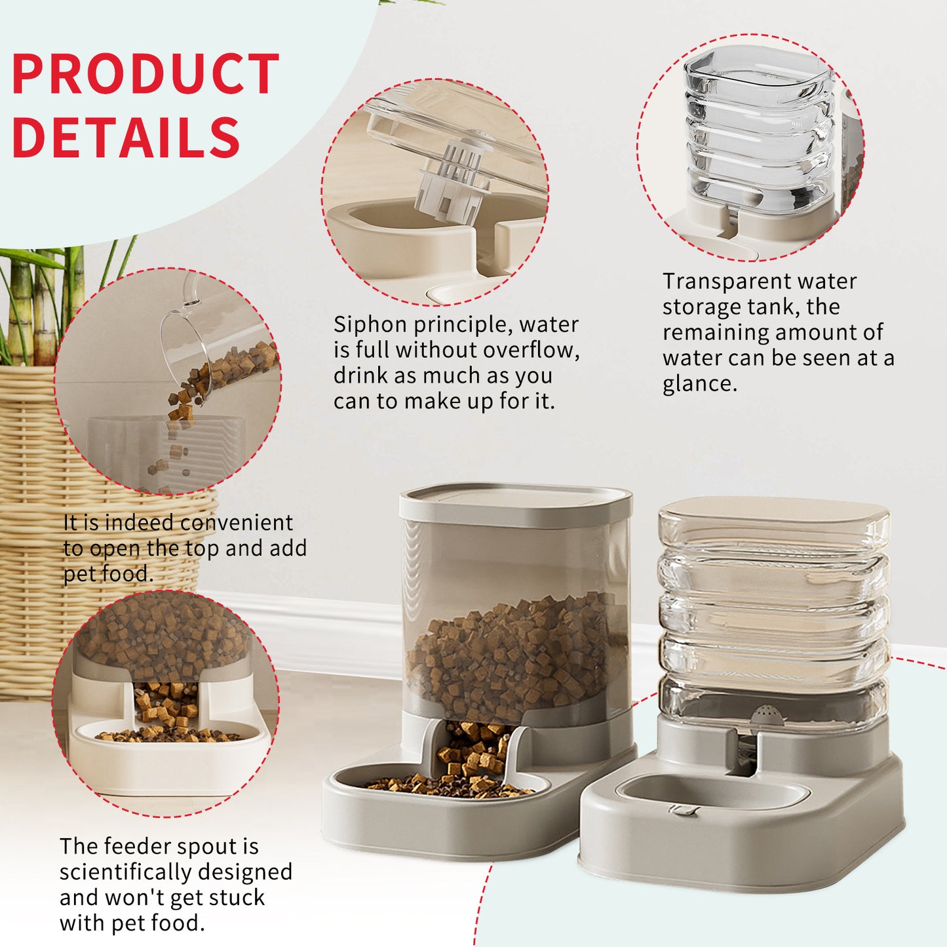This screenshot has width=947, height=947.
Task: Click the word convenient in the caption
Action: point(237,522)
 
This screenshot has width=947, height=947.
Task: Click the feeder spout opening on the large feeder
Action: point(473,751)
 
